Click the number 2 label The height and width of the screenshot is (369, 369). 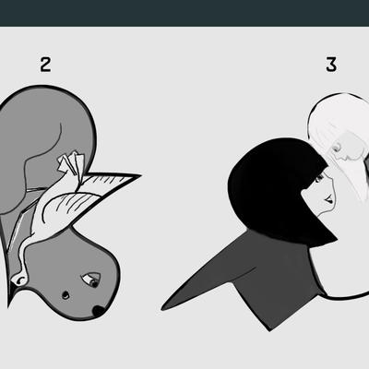45,65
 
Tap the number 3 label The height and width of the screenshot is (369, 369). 331,65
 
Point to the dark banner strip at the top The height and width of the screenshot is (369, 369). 184,13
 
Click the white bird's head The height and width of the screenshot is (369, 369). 19,279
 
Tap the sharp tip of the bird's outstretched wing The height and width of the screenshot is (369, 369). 140,175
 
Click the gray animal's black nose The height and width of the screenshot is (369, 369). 99,311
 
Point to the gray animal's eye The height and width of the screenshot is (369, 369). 91,280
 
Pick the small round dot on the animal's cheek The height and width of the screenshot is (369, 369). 65,295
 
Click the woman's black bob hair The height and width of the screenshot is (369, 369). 277,191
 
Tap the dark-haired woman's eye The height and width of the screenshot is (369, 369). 319,178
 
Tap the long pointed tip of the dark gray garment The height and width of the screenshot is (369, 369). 163,308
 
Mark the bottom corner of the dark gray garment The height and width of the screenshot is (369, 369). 269,330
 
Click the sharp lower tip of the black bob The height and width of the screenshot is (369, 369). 336,237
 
